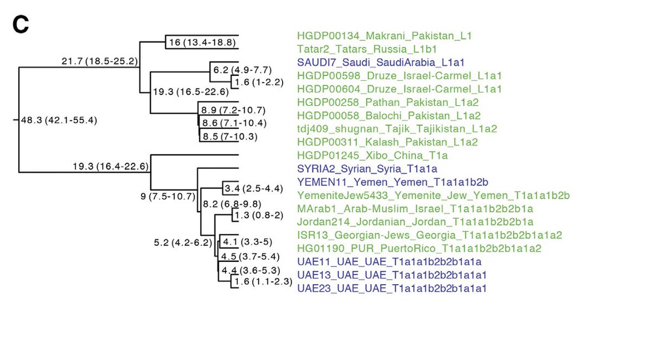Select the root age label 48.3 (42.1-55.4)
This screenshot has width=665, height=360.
pyautogui.click(x=59, y=121)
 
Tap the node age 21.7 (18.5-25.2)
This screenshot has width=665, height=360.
pyautogui.click(x=99, y=61)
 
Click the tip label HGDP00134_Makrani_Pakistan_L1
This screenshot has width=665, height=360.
pyautogui.click(x=385, y=36)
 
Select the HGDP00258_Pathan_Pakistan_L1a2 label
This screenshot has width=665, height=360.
pyautogui.click(x=388, y=102)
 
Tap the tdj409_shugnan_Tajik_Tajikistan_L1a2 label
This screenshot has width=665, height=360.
pyautogui.click(x=397, y=128)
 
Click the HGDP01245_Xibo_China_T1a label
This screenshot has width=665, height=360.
pyautogui.click(x=372, y=155)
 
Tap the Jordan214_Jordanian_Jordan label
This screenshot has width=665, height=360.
pyautogui.click(x=415, y=222)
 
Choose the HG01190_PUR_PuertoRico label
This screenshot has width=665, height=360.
pyautogui.click(x=419, y=248)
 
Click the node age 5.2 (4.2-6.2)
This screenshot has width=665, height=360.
pyautogui.click(x=183, y=242)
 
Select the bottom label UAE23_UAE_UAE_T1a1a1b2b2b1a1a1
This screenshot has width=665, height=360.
pyautogui.click(x=392, y=288)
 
